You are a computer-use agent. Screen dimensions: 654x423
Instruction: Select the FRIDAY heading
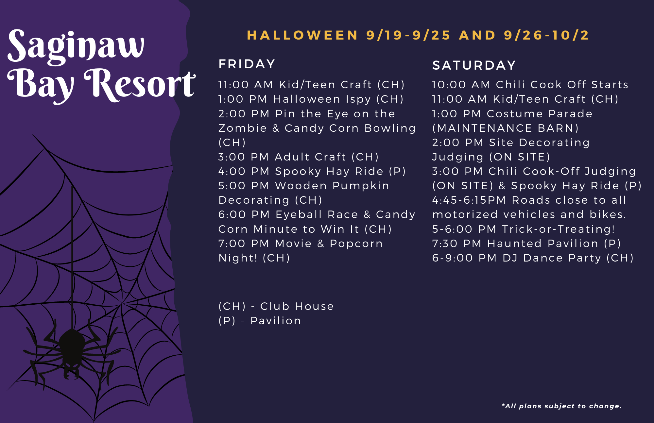click(247, 64)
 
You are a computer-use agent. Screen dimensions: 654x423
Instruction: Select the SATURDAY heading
click(474, 65)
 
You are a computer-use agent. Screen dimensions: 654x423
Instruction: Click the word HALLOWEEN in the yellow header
click(302, 35)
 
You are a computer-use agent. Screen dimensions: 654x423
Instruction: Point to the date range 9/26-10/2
click(546, 35)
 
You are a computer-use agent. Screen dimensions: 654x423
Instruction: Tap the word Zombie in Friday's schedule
click(243, 128)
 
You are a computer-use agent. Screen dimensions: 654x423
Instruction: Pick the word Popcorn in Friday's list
click(356, 244)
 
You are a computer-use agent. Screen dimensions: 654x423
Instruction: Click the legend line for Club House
click(276, 306)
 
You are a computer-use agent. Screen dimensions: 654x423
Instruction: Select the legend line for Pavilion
click(260, 321)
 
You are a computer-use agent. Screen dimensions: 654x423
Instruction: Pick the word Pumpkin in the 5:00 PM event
click(361, 186)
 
